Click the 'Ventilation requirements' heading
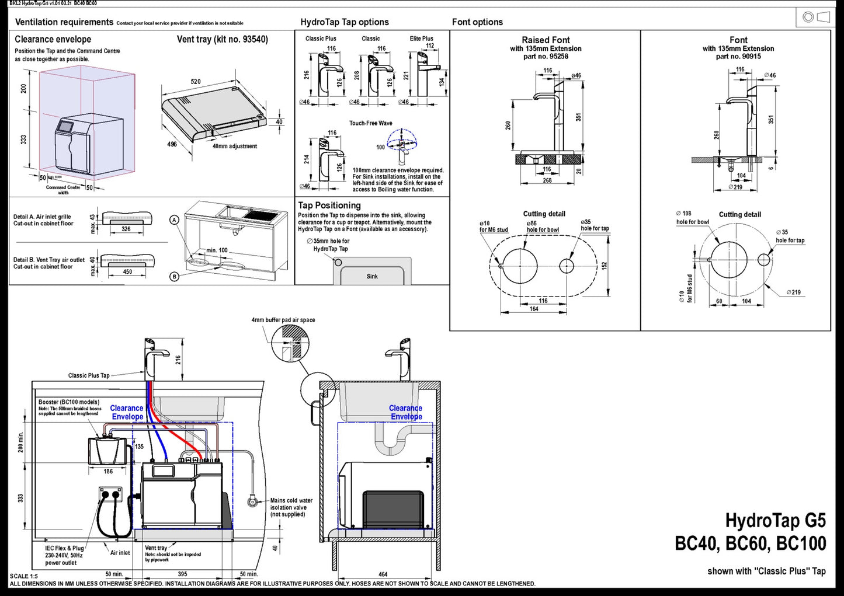tap(64, 22)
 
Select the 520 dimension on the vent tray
tap(196, 82)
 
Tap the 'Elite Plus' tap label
tap(421, 39)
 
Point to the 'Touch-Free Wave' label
tap(371, 123)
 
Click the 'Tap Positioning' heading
tap(329, 205)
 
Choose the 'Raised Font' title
tap(546, 40)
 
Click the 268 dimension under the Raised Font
tap(547, 180)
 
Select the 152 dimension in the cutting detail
tap(605, 265)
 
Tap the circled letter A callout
tap(174, 220)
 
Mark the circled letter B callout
tap(174, 277)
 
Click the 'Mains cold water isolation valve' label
tap(291, 507)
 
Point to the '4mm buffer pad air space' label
tap(283, 320)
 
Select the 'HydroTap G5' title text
tap(775, 520)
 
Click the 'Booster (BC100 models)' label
tap(69, 402)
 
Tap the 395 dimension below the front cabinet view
tap(182, 574)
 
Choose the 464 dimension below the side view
tap(383, 574)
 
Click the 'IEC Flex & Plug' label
tap(64, 548)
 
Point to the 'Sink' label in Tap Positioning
tap(372, 276)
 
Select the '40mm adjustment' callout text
tap(234, 147)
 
